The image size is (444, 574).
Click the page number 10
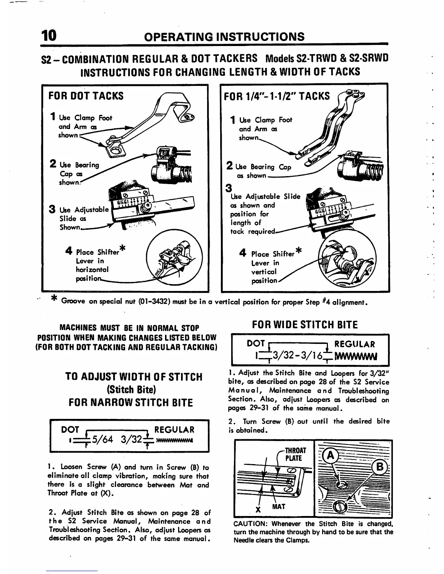pos(49,36)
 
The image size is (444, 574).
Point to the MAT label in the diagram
pos(278,507)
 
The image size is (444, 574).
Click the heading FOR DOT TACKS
pos(86,96)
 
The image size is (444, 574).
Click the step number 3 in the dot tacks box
pos(53,210)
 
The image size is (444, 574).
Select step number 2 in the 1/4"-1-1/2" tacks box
pos(229,166)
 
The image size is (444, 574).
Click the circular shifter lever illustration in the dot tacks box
pos(173,258)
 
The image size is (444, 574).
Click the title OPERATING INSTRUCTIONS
pos(224,37)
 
